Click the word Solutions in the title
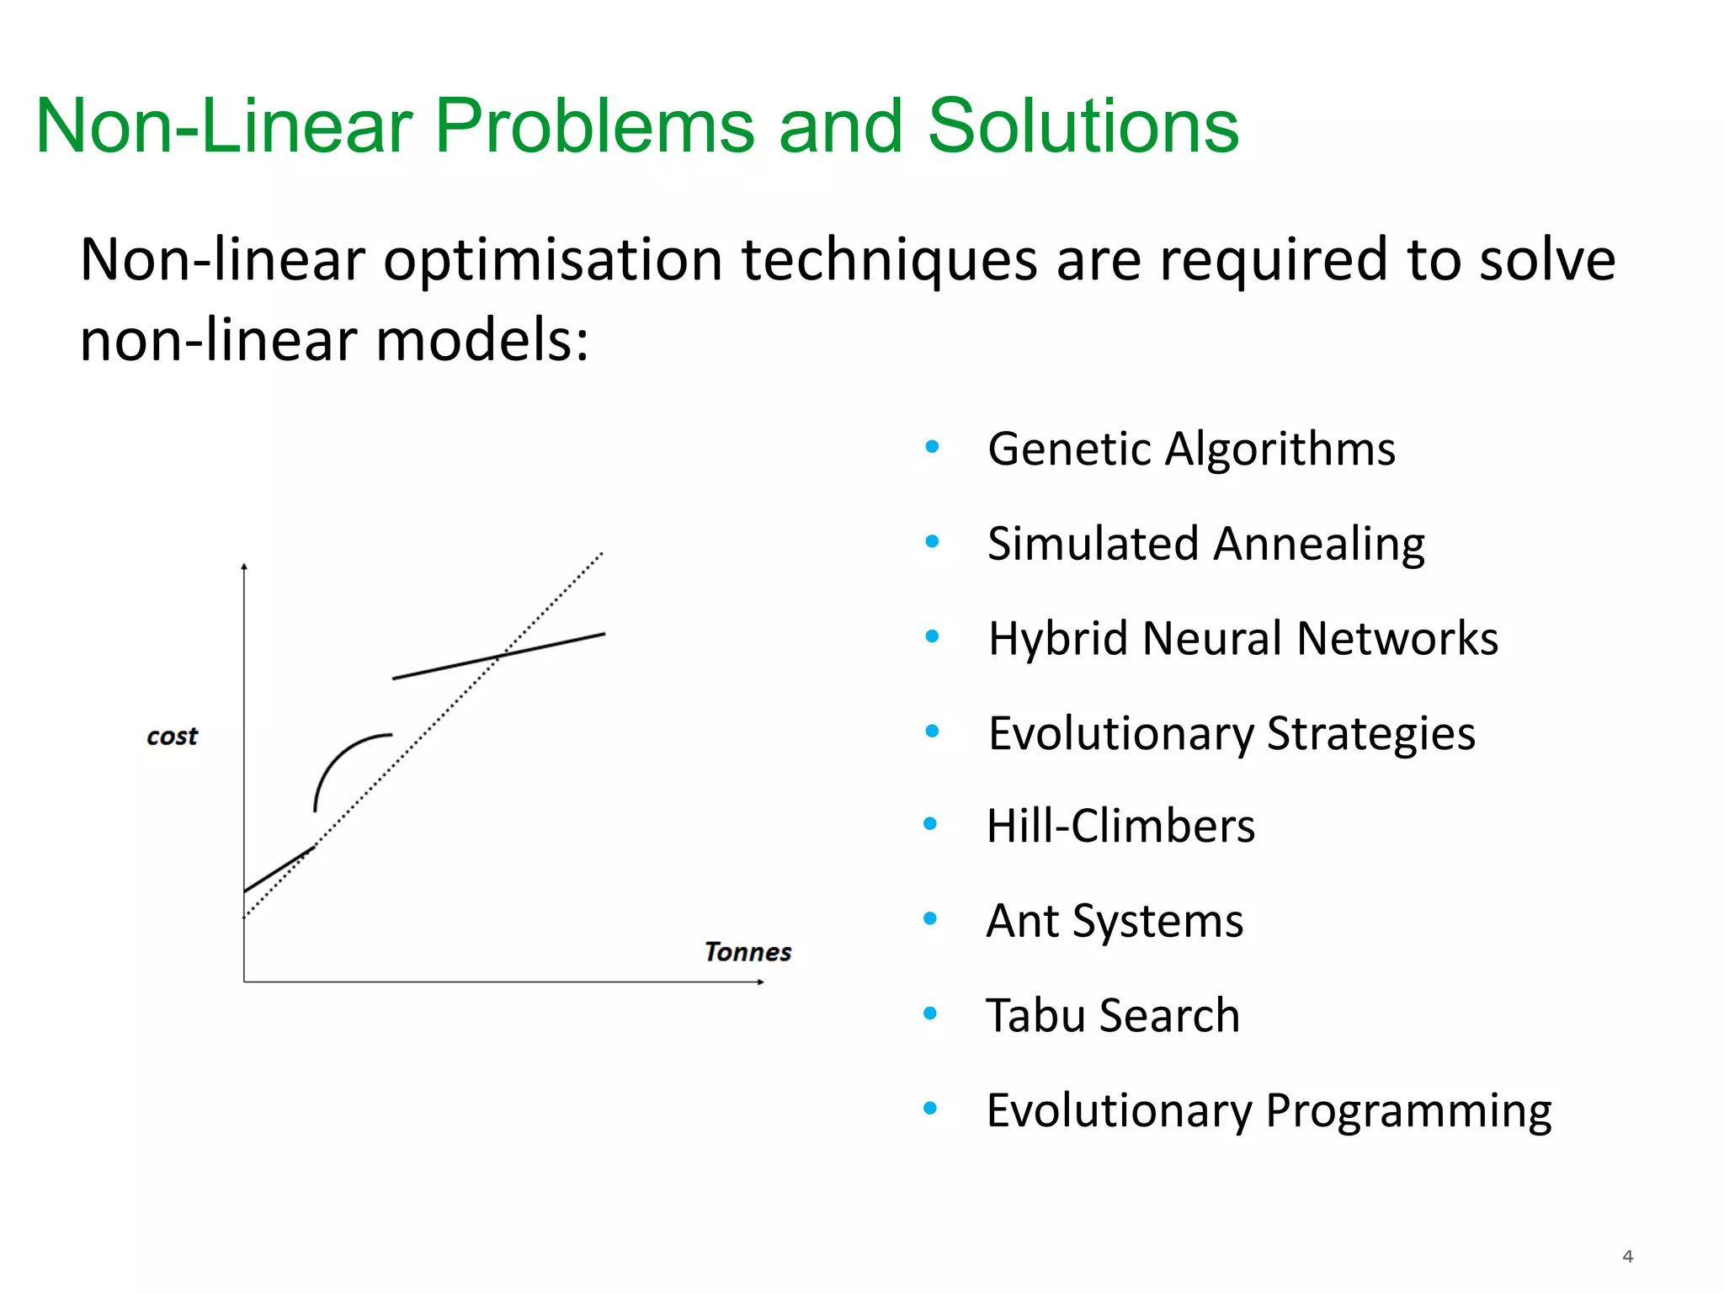1083,126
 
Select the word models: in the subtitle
482,341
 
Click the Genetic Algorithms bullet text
1190,449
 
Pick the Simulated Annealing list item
1205,544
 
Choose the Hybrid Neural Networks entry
1242,638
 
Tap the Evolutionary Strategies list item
1231,733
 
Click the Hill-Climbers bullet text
1120,826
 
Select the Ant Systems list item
1114,921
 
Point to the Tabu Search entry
1112,1015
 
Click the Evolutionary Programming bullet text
1268,1110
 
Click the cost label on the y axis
172,737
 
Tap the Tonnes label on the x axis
748,952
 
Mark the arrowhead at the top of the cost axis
244,567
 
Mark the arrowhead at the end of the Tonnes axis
760,982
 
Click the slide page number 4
1627,1257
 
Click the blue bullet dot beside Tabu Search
930,1014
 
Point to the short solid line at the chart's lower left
279,870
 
